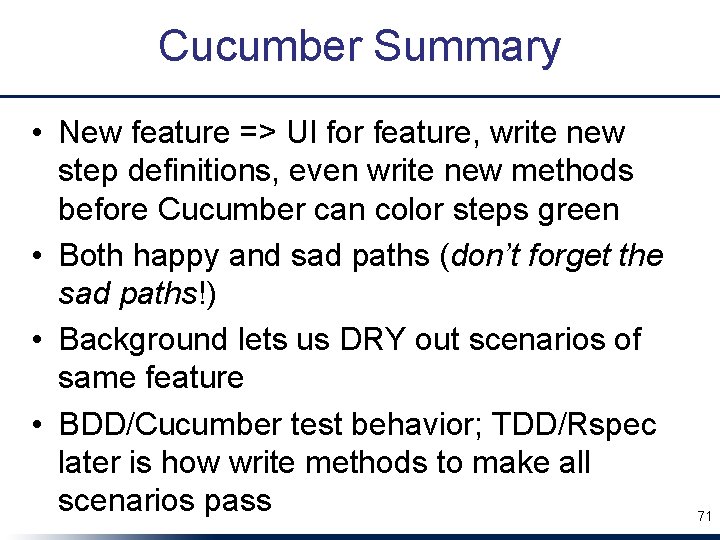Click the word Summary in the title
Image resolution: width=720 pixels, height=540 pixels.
(467, 47)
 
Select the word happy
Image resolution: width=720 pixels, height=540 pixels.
(176, 256)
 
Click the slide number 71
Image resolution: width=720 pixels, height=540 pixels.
(703, 516)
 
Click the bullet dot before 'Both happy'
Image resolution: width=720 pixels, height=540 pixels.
(35, 257)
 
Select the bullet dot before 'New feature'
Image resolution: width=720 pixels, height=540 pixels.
(35, 133)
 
